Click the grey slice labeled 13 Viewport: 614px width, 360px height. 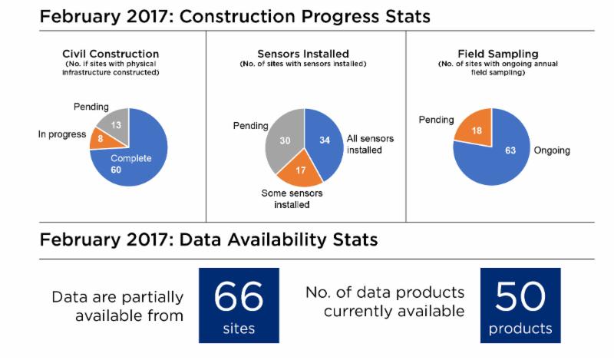[x=114, y=124]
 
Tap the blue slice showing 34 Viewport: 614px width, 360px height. [x=325, y=140]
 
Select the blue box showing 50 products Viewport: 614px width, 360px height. [x=520, y=306]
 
